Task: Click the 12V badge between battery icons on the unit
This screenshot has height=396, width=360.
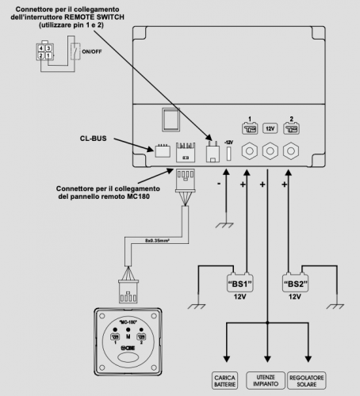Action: (x=270, y=128)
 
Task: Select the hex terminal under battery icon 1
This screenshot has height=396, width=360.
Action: (x=247, y=150)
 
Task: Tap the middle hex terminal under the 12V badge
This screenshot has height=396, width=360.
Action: (x=270, y=150)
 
